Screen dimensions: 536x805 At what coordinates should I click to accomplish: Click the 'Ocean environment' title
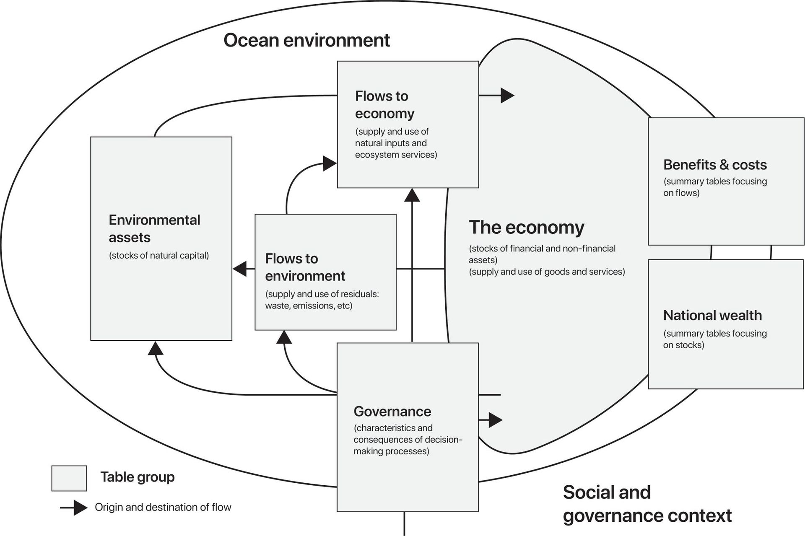[x=306, y=40]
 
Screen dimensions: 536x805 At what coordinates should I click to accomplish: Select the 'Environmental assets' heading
[x=154, y=228]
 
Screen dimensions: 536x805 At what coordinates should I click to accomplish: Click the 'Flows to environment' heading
[x=305, y=267]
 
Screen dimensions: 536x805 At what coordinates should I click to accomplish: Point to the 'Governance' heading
[x=392, y=412]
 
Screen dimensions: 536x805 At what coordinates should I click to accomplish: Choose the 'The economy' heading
[x=526, y=228]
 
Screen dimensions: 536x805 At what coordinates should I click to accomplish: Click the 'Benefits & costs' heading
[x=715, y=165]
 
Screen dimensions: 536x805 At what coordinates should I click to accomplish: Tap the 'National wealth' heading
[x=712, y=315]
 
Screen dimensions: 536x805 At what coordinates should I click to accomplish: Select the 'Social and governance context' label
[x=647, y=504]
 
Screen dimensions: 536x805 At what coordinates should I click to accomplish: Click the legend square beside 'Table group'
[x=69, y=478]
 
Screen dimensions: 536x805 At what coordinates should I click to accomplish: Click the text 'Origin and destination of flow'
[x=163, y=508]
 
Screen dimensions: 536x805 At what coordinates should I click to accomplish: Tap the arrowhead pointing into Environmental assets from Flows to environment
[x=240, y=268]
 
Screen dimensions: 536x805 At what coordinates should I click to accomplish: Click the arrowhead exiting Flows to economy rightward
[x=507, y=96]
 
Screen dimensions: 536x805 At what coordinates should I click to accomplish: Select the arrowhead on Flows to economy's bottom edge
[x=412, y=195]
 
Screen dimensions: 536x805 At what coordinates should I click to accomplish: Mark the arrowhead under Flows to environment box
[x=284, y=337]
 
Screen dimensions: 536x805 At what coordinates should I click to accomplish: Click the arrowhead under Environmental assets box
[x=155, y=348]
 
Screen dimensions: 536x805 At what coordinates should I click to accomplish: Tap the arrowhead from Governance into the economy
[x=495, y=420]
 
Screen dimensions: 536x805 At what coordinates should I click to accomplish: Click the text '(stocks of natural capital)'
[x=159, y=256]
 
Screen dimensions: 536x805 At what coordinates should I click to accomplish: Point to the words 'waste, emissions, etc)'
[x=309, y=306]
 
